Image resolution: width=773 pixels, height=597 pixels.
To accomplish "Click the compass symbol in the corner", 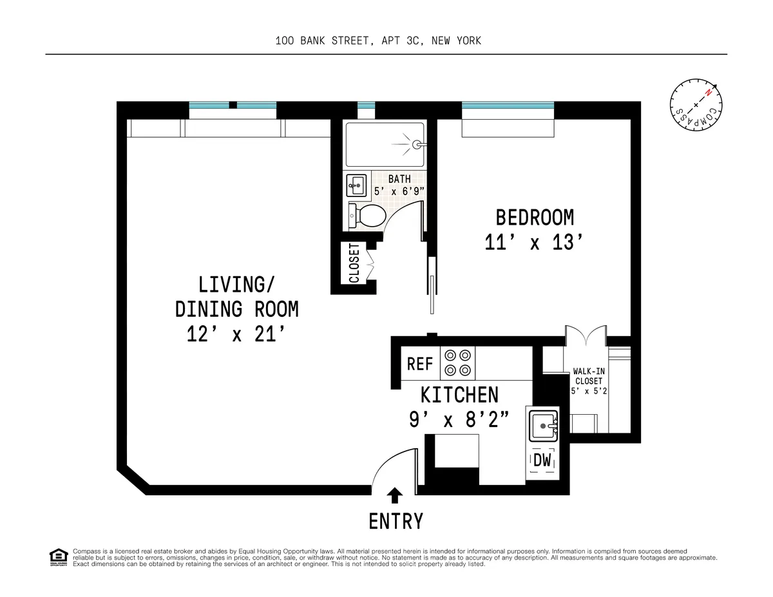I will tap(696, 105).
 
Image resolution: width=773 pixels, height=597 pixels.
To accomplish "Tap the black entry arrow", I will tap(395, 495).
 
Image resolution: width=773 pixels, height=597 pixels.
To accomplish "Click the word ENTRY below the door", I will tap(396, 520).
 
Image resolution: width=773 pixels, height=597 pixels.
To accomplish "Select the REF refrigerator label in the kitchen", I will tap(420, 364).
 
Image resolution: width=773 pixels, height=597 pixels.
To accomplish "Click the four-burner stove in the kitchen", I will tap(457, 363).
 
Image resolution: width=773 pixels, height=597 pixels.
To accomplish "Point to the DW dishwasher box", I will tap(542, 460).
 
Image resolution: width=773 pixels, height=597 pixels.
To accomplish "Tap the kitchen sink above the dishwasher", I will tap(542, 424).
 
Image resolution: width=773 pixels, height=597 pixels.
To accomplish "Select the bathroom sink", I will tap(356, 186).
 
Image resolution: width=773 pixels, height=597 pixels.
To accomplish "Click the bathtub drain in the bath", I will tap(417, 145).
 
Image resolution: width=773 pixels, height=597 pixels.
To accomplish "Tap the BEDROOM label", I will tap(534, 217).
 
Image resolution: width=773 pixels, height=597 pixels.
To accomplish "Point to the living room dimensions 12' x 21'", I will tap(236, 335).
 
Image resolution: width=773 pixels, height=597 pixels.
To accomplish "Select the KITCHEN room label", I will tap(459, 394).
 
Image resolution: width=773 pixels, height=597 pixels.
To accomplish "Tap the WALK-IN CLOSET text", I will tap(588, 375).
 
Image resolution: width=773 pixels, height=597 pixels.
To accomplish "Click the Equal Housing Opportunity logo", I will tap(58, 557).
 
